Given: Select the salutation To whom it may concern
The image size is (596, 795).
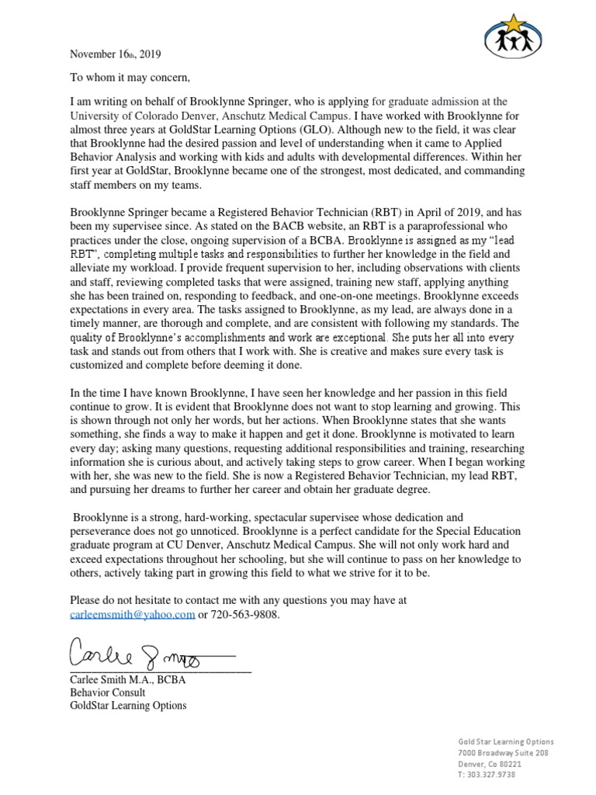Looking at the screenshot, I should click(x=130, y=78).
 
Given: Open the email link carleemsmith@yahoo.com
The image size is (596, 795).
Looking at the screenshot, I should click(x=132, y=615).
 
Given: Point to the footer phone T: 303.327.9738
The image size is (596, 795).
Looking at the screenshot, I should click(x=487, y=774).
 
